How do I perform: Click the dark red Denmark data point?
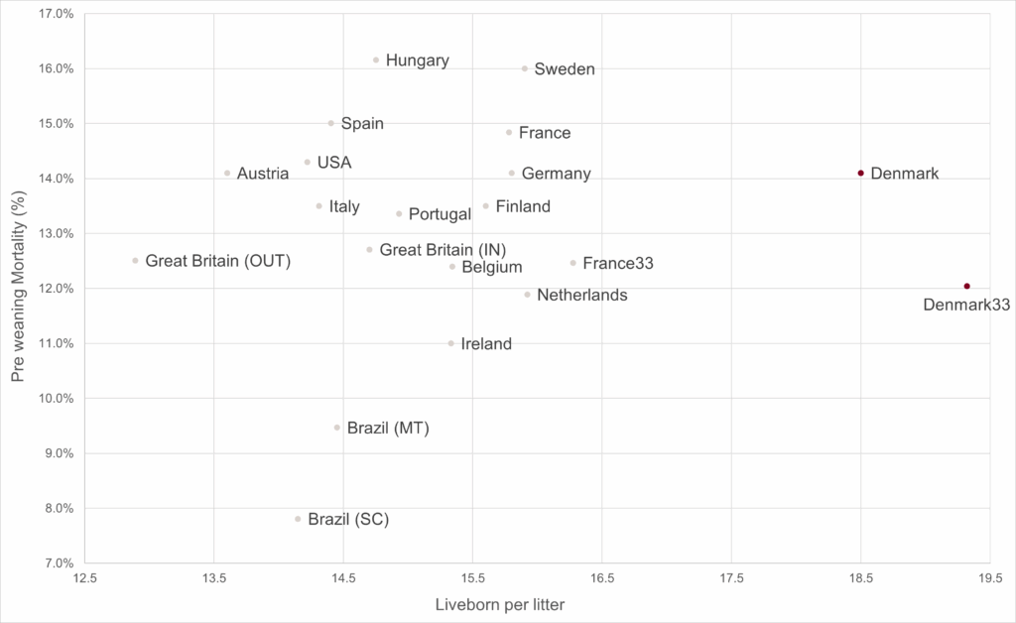pyautogui.click(x=861, y=173)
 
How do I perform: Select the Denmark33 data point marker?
pyautogui.click(x=966, y=287)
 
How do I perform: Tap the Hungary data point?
pyautogui.click(x=376, y=60)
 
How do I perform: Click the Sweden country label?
pyautogui.click(x=565, y=69)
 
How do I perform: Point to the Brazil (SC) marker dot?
pyautogui.click(x=298, y=519)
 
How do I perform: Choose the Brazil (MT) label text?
pyautogui.click(x=388, y=429)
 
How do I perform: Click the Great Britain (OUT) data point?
pyautogui.click(x=135, y=261)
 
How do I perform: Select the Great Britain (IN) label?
pyautogui.click(x=443, y=250)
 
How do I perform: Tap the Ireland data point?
pyautogui.click(x=451, y=343)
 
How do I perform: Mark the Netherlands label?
pyautogui.click(x=582, y=295)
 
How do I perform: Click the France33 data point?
pyautogui.click(x=573, y=263)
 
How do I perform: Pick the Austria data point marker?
pyautogui.click(x=227, y=173)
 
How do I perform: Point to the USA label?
pyautogui.click(x=334, y=162)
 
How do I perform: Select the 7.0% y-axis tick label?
pyautogui.click(x=58, y=563)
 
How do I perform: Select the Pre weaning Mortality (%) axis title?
pyautogui.click(x=17, y=288)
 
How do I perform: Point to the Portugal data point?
pyautogui.click(x=399, y=213)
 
